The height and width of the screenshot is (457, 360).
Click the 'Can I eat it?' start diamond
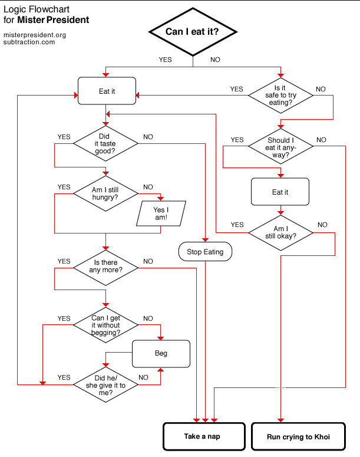[x=193, y=31]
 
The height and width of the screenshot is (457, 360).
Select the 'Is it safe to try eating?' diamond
[x=280, y=95]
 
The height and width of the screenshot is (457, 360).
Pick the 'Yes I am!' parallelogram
[x=161, y=213]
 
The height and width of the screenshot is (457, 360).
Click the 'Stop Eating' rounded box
[x=205, y=252]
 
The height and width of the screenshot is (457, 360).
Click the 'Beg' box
[x=161, y=354]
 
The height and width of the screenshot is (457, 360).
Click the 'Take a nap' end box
[x=203, y=437]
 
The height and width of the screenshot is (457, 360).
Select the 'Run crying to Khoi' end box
[x=298, y=437]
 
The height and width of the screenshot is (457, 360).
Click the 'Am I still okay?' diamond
[x=280, y=232]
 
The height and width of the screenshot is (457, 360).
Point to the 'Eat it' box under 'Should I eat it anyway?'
[x=280, y=192]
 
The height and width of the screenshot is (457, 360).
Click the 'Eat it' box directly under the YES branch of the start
[x=107, y=91]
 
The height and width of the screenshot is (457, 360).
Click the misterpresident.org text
[x=34, y=35]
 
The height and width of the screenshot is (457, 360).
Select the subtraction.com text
[x=29, y=42]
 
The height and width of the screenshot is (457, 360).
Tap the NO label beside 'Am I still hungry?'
[x=148, y=188]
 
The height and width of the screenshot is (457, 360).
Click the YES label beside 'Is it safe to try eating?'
[x=236, y=90]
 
